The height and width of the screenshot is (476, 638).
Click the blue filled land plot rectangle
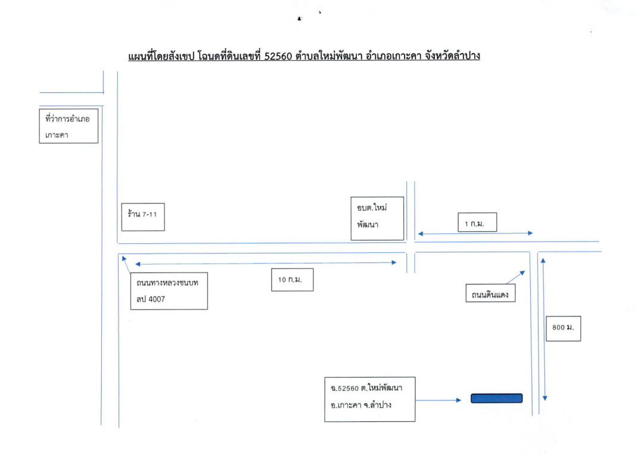coord(496,399)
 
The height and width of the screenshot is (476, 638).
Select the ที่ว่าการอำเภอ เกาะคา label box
coord(68,126)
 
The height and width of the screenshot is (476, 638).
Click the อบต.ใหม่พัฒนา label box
coord(376,218)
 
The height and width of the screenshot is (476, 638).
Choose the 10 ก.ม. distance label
coord(292,280)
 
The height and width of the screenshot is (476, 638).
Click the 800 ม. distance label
coord(562,327)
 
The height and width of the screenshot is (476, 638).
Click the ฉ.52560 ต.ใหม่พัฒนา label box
coord(369,399)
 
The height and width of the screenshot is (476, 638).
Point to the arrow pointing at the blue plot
coord(438,400)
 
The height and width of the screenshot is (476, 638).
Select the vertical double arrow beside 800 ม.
coord(543,327)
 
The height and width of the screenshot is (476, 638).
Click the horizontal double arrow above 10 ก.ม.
coord(266,262)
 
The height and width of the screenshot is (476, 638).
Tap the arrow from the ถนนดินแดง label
coord(515,277)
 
